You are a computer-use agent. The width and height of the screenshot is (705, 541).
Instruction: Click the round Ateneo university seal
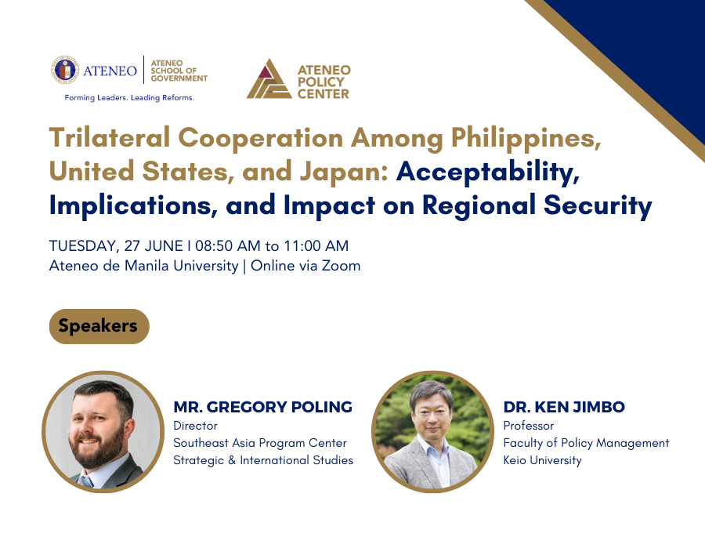pyautogui.click(x=65, y=70)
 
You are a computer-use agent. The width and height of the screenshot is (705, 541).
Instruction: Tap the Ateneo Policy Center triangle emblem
pyautogui.click(x=268, y=78)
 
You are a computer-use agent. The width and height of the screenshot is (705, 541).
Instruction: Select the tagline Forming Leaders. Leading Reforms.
pyautogui.click(x=129, y=98)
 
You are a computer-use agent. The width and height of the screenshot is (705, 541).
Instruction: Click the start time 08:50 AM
pyautogui.click(x=223, y=246)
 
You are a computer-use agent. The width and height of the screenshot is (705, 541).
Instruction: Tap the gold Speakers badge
pyautogui.click(x=98, y=325)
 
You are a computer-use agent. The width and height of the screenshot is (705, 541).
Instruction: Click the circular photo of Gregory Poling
pyautogui.click(x=101, y=431)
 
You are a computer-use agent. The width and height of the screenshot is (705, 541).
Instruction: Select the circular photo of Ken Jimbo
pyautogui.click(x=432, y=431)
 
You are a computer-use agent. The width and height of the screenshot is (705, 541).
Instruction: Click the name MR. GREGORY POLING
pyautogui.click(x=262, y=407)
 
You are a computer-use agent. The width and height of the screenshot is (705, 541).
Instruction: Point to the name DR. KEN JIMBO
pyautogui.click(x=564, y=407)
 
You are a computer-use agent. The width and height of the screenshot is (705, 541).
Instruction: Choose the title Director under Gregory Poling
pyautogui.click(x=195, y=426)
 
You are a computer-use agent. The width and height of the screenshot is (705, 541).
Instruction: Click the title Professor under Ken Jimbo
pyautogui.click(x=528, y=426)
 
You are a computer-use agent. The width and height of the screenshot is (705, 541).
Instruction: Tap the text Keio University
pyautogui.click(x=542, y=460)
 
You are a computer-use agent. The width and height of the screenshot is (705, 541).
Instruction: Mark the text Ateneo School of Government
pyautogui.click(x=179, y=70)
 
